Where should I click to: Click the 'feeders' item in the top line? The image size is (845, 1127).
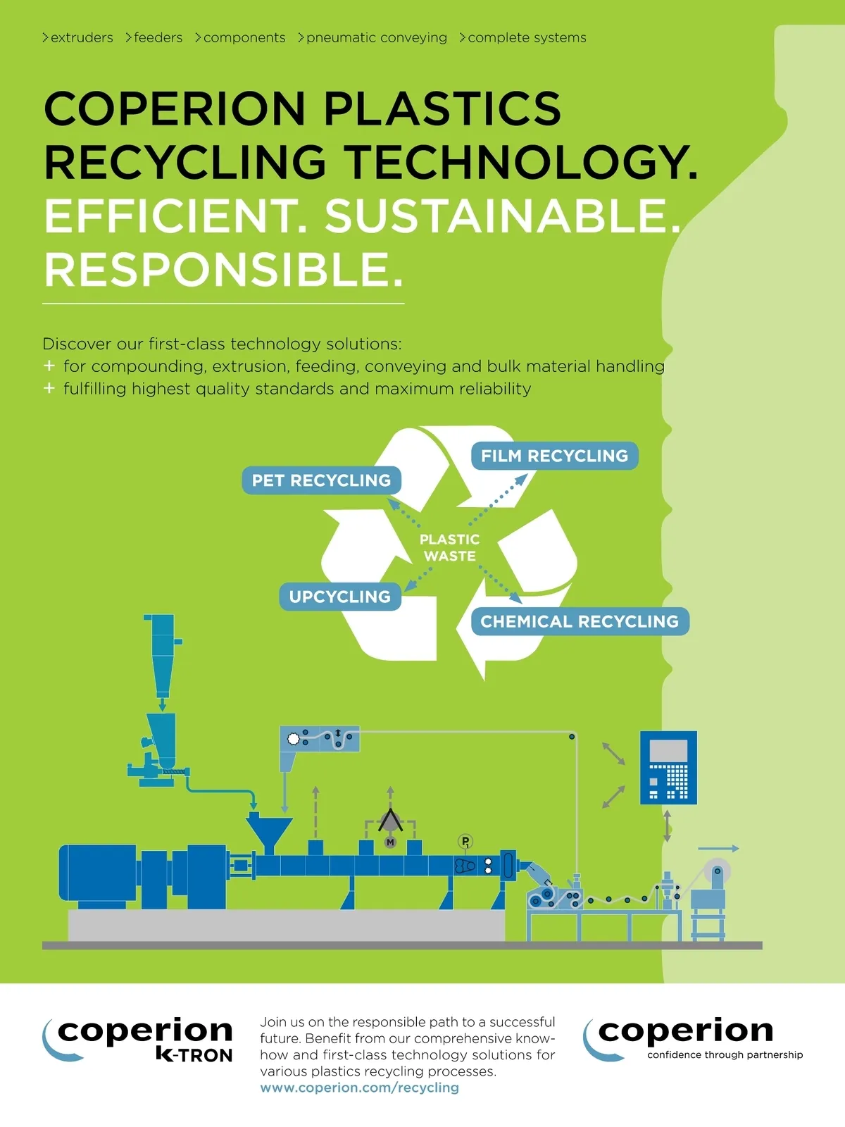click(x=158, y=37)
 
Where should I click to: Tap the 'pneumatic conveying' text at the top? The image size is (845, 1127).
click(x=377, y=38)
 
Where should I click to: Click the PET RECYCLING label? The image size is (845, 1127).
click(x=321, y=480)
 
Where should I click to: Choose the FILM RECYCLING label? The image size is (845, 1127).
click(x=555, y=456)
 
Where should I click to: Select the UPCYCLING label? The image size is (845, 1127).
click(x=339, y=597)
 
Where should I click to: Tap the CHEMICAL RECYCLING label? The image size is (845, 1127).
click(x=580, y=621)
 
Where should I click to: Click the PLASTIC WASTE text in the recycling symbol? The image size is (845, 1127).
click(x=449, y=547)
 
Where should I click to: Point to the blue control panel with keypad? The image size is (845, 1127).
click(x=668, y=768)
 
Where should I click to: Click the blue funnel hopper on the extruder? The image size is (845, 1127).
click(x=269, y=835)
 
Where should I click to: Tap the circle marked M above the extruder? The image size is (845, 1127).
click(x=390, y=842)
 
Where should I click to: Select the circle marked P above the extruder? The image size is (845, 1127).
click(x=465, y=841)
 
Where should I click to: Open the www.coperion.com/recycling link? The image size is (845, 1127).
click(x=359, y=1088)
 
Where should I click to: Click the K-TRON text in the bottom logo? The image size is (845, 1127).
click(x=194, y=1055)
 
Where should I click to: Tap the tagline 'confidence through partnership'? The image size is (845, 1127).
click(x=725, y=1055)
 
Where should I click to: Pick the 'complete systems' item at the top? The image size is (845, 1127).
click(x=527, y=38)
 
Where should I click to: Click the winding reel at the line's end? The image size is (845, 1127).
click(x=718, y=871)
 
